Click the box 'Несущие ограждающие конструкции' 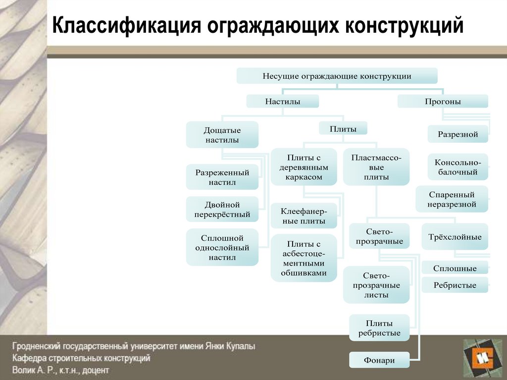click(x=337, y=76)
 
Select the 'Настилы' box click(x=282, y=102)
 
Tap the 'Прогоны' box click(x=443, y=102)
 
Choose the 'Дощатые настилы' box click(x=222, y=135)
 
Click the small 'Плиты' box click(x=343, y=129)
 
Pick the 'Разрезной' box click(x=457, y=134)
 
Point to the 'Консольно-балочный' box click(x=457, y=167)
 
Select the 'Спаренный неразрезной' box click(x=452, y=199)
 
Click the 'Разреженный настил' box click(x=222, y=177)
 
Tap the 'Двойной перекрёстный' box click(x=222, y=210)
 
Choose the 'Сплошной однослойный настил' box click(x=222, y=248)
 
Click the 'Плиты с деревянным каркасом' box click(x=304, y=167)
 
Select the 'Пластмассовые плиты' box click(x=376, y=167)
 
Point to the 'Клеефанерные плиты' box click(x=304, y=216)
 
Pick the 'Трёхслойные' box click(x=455, y=237)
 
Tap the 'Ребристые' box click(x=455, y=285)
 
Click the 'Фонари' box click(x=379, y=360)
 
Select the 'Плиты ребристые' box click(x=379, y=328)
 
